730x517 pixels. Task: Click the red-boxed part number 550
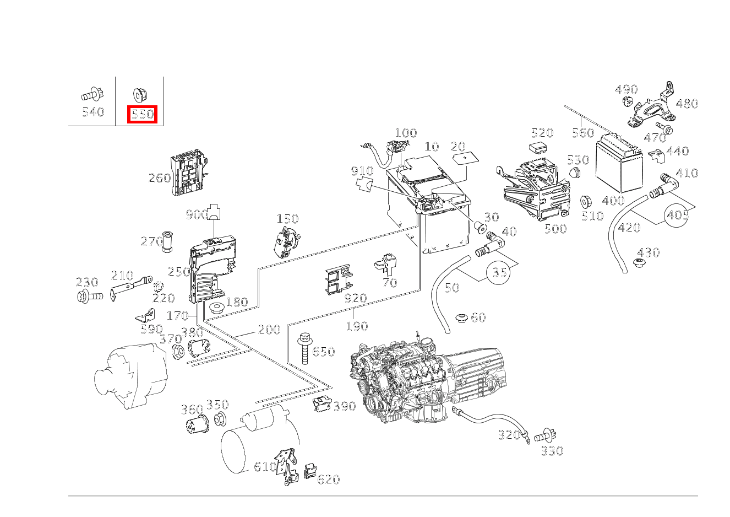pos(143,114)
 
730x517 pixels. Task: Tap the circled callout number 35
pos(499,272)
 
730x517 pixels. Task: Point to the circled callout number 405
pos(677,214)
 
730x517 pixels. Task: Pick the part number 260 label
pos(159,178)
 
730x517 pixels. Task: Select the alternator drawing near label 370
pos(130,376)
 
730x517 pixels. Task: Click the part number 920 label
pos(355,299)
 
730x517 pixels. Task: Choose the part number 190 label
pos(357,326)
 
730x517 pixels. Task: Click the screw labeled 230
pos(89,297)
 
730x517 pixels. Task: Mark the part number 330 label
pos(552,451)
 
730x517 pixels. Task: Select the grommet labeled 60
pos(461,318)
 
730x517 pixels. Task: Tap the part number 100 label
pos(406,133)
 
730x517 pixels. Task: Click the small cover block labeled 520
pos(538,148)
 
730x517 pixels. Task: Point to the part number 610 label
pos(265,467)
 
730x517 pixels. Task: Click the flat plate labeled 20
pos(465,159)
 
